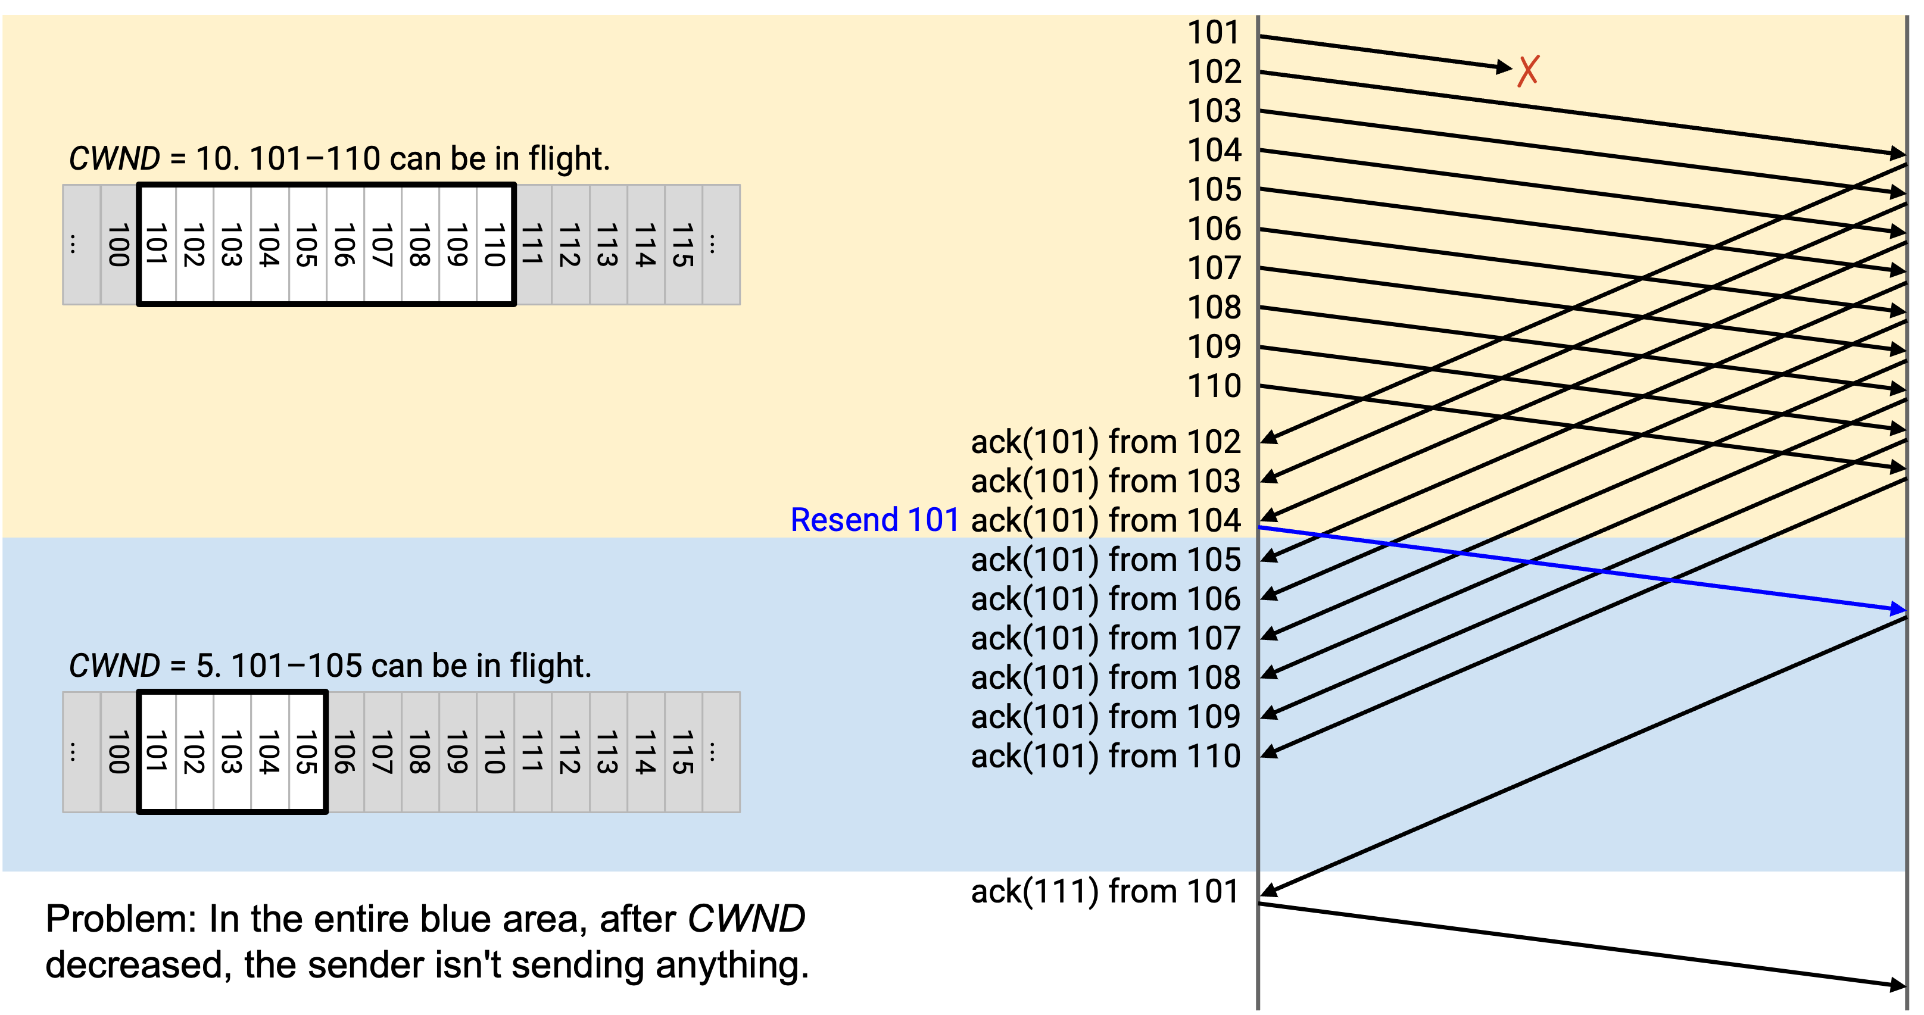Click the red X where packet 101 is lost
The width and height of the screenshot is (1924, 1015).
(1528, 71)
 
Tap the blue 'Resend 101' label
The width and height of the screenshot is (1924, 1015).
(875, 520)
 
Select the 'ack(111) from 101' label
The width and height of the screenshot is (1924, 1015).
(1105, 892)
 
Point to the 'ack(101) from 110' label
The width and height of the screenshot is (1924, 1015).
(1105, 757)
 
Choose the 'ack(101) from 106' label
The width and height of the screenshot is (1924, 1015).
(1105, 599)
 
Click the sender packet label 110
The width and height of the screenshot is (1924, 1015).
(1214, 387)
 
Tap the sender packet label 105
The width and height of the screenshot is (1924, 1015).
(1214, 190)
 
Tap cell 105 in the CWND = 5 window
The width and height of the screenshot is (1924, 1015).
(307, 752)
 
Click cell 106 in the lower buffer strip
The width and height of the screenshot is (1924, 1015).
(345, 752)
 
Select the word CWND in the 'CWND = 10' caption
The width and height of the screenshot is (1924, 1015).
(114, 159)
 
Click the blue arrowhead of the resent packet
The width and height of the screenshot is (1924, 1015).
(1897, 610)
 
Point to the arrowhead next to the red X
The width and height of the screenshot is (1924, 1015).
(1504, 67)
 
